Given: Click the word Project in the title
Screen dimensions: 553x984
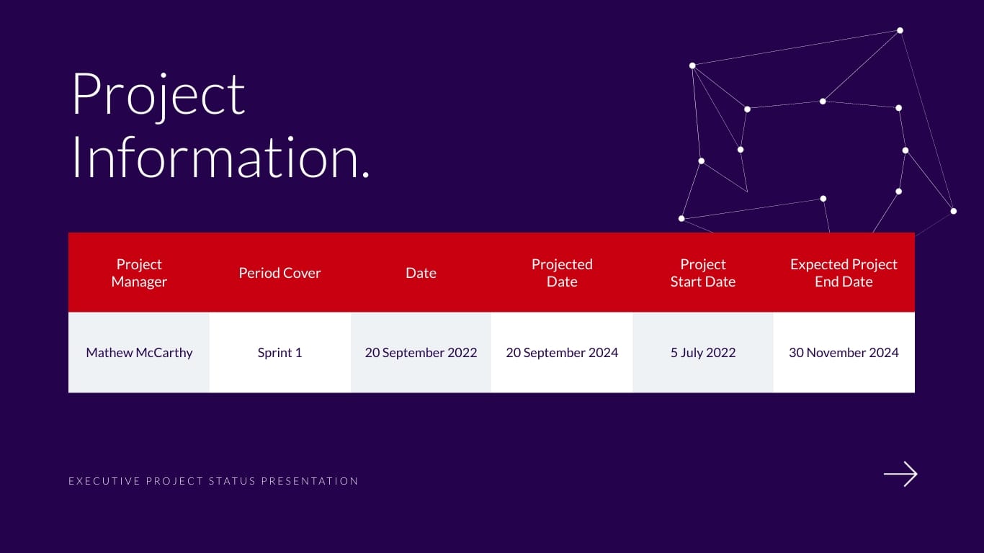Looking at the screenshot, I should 158,95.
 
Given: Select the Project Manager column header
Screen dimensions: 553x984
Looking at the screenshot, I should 139,273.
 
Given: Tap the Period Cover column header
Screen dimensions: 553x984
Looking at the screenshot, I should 279,273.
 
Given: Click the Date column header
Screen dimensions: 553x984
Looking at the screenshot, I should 421,273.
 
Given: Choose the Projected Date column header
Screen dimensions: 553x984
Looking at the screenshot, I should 562,273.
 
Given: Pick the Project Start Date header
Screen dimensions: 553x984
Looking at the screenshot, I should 703,273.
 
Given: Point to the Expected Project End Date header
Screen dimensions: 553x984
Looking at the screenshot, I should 844,273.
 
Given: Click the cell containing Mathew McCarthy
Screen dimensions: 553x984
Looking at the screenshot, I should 139,353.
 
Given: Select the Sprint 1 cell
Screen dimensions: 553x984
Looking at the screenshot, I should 279,353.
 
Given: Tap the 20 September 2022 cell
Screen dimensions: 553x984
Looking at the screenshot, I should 421,353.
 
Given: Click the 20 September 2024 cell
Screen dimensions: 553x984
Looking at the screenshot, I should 562,353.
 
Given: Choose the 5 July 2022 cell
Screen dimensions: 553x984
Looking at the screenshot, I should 703,353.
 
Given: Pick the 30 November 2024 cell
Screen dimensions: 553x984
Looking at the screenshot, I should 844,353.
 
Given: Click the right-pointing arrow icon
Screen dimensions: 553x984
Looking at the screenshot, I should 900,474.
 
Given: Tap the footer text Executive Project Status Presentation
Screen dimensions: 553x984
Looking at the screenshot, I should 213,481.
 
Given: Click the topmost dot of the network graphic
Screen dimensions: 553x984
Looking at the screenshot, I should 900,30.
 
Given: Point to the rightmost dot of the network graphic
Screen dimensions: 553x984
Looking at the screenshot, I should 953,211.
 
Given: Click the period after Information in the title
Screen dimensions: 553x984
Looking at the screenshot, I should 365,175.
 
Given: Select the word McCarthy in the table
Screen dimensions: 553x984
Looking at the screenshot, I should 165,353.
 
